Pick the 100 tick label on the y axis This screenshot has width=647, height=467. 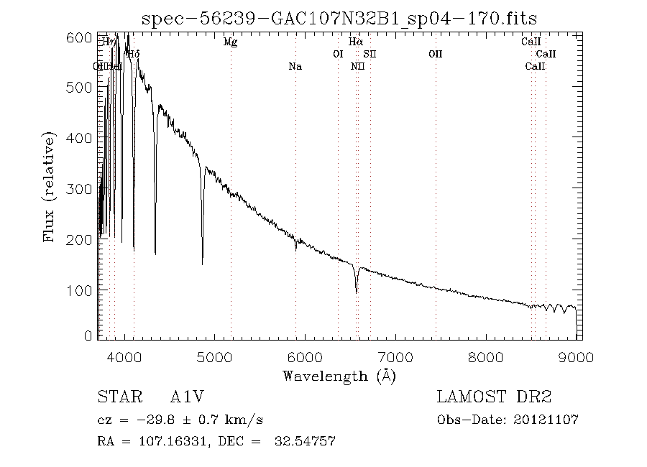(83, 290)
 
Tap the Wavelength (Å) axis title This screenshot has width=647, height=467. (339, 376)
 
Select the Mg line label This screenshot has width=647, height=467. (230, 42)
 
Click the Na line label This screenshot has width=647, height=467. (295, 66)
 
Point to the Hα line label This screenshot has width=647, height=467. (356, 42)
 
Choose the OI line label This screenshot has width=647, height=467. (338, 54)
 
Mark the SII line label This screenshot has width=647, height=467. (370, 54)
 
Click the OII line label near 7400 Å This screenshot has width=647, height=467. (435, 54)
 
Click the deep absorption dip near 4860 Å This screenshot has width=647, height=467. (202, 263)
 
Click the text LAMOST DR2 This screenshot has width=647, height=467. (494, 397)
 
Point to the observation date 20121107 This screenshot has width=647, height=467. (548, 420)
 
